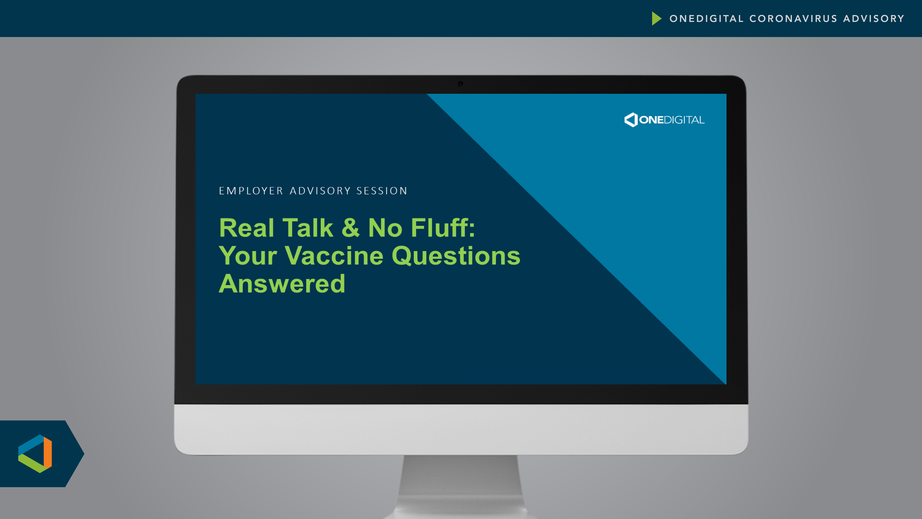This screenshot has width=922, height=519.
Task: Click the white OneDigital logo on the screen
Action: point(664,120)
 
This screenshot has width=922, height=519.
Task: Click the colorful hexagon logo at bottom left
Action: point(35,454)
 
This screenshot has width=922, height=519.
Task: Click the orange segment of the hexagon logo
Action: point(47,453)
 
